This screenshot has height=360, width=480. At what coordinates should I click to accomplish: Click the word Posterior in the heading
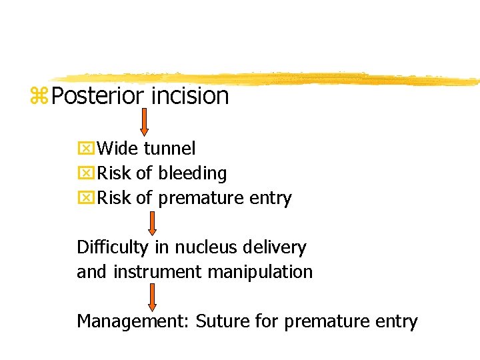point(97,96)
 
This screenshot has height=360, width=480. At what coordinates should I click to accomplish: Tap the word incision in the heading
point(190,96)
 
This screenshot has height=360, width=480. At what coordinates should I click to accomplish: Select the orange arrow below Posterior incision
point(143,123)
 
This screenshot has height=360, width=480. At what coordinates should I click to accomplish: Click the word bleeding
point(192,173)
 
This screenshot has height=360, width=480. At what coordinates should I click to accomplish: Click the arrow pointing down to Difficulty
point(153,224)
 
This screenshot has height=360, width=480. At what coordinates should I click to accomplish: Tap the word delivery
point(273,248)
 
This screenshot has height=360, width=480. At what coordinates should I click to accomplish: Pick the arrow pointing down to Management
point(153,296)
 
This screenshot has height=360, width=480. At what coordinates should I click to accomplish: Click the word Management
point(133,321)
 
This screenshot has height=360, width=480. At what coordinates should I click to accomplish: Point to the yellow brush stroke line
point(267,79)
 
